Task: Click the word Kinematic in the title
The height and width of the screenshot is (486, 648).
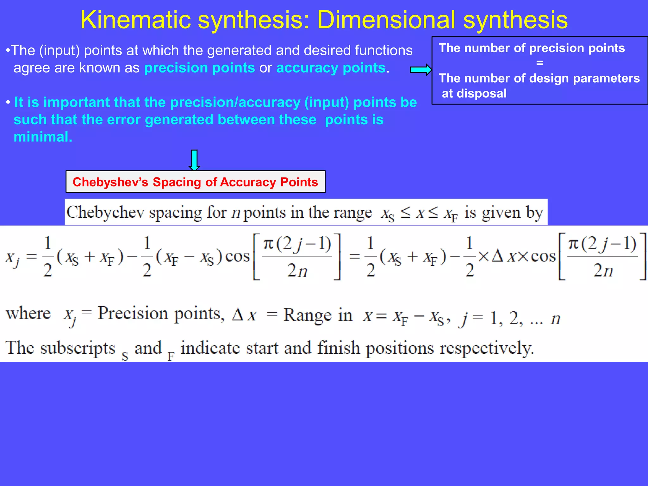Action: point(136,20)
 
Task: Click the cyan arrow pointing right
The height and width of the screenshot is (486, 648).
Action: point(421,70)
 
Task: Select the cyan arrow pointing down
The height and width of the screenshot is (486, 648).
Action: point(194,160)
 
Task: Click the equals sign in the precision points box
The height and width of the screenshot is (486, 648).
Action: point(539,63)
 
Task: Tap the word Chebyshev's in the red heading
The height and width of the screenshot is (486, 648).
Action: point(110,182)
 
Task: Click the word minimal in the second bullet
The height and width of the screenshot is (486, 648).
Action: point(43,137)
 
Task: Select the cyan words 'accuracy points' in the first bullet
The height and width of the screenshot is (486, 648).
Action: point(331,68)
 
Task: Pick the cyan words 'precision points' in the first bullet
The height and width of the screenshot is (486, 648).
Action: point(199,68)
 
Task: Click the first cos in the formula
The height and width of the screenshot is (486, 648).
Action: point(237,256)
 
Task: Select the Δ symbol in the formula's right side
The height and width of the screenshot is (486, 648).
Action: point(497,256)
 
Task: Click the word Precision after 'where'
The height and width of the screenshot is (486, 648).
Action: point(133,314)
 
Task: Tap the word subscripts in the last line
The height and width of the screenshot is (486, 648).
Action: point(78,348)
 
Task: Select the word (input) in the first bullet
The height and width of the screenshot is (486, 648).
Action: point(59,51)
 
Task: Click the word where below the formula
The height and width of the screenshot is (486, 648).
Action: point(28,314)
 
